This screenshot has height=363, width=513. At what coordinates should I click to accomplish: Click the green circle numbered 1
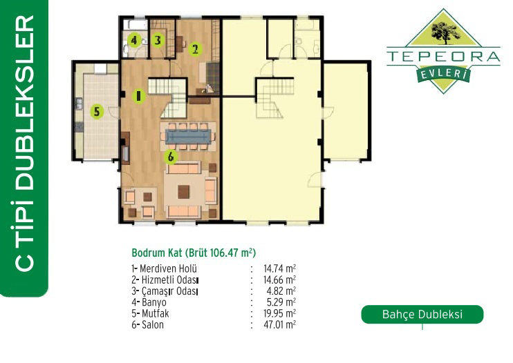139,96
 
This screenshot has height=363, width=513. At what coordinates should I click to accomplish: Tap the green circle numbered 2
196,49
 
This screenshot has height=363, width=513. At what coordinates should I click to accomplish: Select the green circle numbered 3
158,40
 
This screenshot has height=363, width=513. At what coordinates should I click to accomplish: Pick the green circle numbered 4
134,41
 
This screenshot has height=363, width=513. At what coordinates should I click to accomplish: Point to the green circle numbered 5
97,112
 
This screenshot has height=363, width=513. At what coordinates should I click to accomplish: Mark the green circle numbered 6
171,157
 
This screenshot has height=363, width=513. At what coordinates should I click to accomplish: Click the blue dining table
188,136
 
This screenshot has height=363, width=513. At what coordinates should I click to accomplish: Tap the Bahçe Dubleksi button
422,315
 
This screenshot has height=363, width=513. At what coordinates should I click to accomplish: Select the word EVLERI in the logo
443,75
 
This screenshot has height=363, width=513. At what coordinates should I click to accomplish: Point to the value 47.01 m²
280,325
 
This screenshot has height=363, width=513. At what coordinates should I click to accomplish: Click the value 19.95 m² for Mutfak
280,314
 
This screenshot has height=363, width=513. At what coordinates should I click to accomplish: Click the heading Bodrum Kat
157,253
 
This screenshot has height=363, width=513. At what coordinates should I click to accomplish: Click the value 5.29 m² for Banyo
281,302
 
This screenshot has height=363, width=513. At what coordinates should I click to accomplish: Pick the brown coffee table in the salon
183,192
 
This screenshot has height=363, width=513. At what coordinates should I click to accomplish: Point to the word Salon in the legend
153,325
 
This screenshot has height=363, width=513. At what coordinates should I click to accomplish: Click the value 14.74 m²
280,269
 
